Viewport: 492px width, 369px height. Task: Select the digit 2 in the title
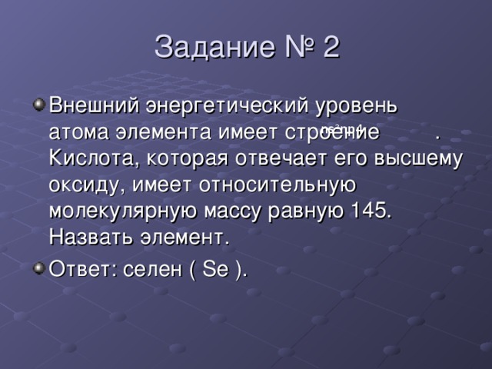click(330, 48)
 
